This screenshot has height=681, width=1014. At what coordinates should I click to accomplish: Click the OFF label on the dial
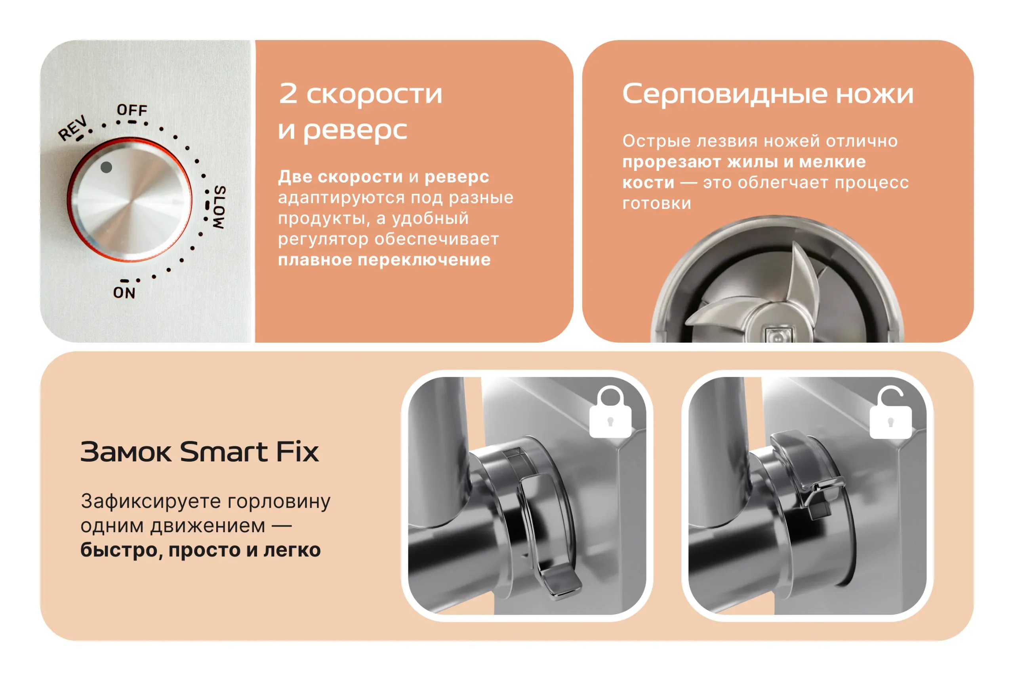[x=132, y=110]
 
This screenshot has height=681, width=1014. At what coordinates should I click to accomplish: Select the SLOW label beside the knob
[x=219, y=207]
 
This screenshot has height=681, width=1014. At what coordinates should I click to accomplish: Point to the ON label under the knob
[x=124, y=293]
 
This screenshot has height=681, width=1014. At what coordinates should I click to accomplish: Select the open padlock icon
[x=890, y=412]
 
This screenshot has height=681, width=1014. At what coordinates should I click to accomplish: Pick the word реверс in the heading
[x=355, y=130]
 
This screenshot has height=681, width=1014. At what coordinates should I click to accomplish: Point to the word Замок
[x=126, y=452]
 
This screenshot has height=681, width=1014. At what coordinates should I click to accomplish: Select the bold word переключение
[x=424, y=260]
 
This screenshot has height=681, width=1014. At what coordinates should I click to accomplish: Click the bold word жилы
[x=753, y=161]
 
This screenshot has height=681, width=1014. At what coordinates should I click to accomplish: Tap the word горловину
[x=279, y=502]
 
